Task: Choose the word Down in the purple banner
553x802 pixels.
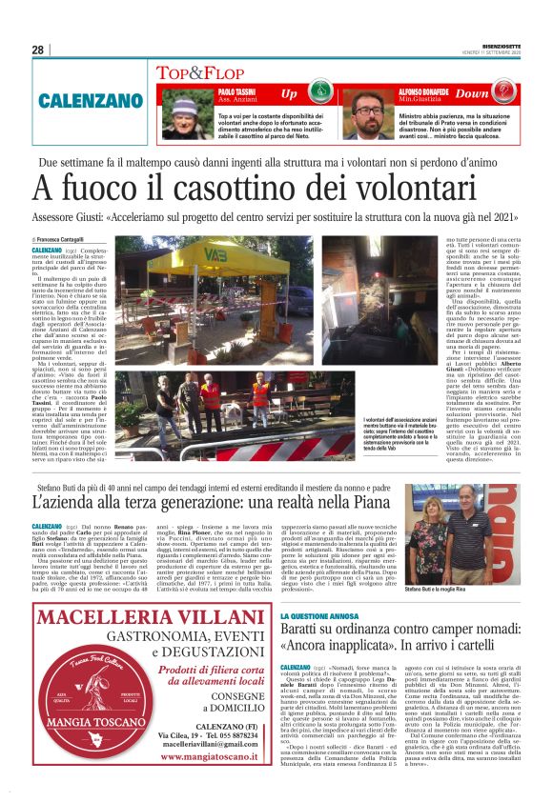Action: [x=499, y=93]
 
